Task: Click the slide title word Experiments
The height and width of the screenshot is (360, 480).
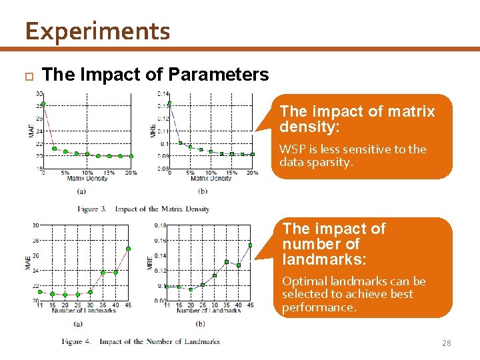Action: click(x=97, y=31)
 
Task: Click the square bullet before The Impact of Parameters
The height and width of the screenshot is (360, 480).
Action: click(x=27, y=75)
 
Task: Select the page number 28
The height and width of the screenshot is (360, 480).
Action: click(x=446, y=343)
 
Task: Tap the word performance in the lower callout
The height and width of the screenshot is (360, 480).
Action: click(x=318, y=307)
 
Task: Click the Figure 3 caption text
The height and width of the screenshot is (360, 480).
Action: click(x=143, y=209)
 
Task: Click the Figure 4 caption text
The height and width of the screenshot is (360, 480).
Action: click(x=141, y=341)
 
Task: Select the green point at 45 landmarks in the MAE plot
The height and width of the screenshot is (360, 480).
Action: click(x=129, y=249)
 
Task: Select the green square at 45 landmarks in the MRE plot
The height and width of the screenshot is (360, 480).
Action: click(x=251, y=245)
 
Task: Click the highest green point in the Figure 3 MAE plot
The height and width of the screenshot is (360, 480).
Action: click(x=43, y=103)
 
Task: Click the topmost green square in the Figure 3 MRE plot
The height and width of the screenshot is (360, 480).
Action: click(x=169, y=103)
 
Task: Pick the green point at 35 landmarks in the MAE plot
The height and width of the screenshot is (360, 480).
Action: click(x=103, y=272)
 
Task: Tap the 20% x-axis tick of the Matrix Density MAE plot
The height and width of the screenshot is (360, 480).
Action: click(x=130, y=173)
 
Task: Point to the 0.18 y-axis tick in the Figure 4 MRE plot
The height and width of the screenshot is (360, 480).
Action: click(x=160, y=225)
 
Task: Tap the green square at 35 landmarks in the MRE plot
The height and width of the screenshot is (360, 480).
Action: click(x=227, y=261)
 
